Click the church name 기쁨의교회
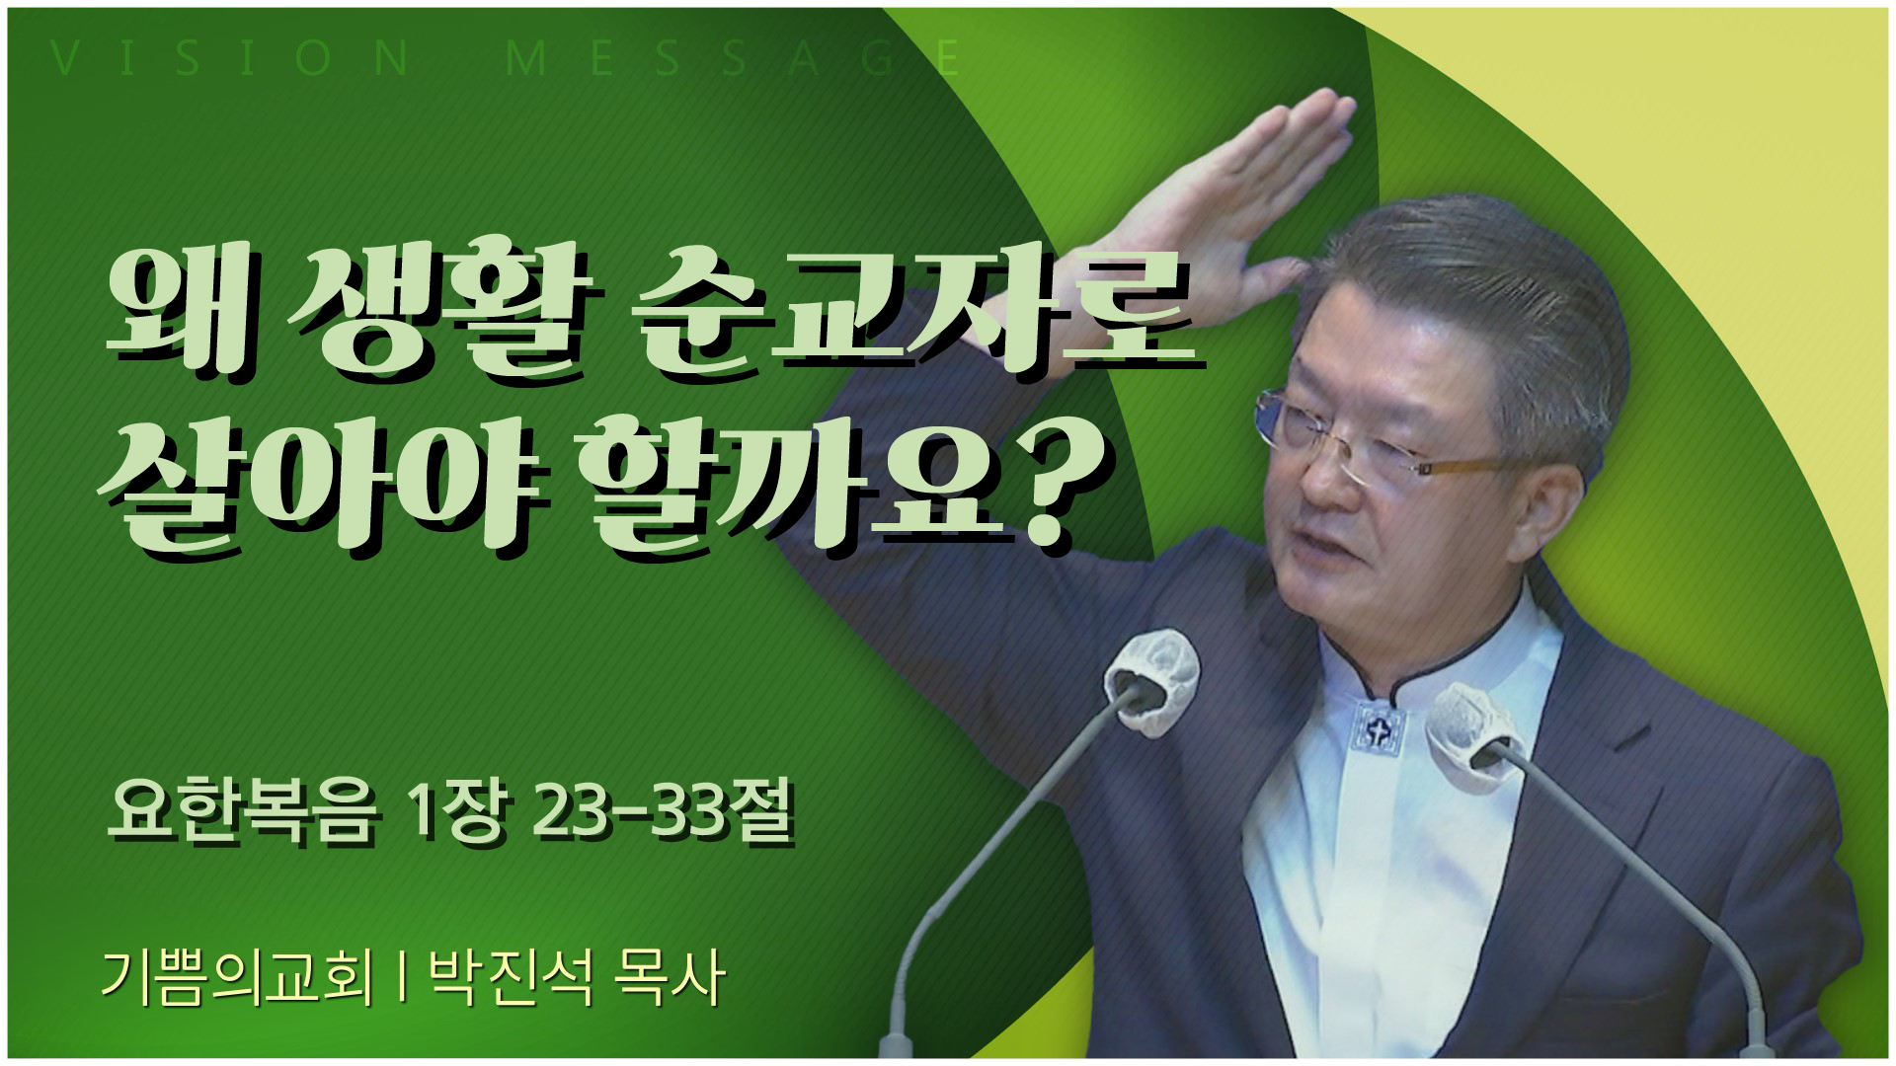[x=236, y=979]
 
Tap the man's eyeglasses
[x=1382, y=444]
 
